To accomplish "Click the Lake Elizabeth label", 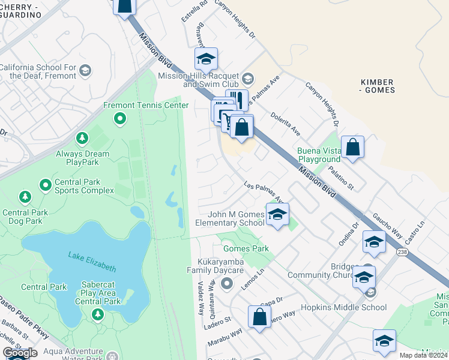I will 91,262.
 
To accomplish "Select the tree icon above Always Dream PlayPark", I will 82,139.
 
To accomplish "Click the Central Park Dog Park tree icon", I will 25,196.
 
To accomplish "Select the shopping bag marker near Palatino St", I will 352,147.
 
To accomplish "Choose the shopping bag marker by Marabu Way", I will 259,317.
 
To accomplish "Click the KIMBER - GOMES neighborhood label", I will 378,86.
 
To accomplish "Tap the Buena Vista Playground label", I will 318,155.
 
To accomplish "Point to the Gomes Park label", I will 246,248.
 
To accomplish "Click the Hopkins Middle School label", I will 349,308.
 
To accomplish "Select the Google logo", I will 20,353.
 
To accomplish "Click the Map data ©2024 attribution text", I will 424,355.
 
